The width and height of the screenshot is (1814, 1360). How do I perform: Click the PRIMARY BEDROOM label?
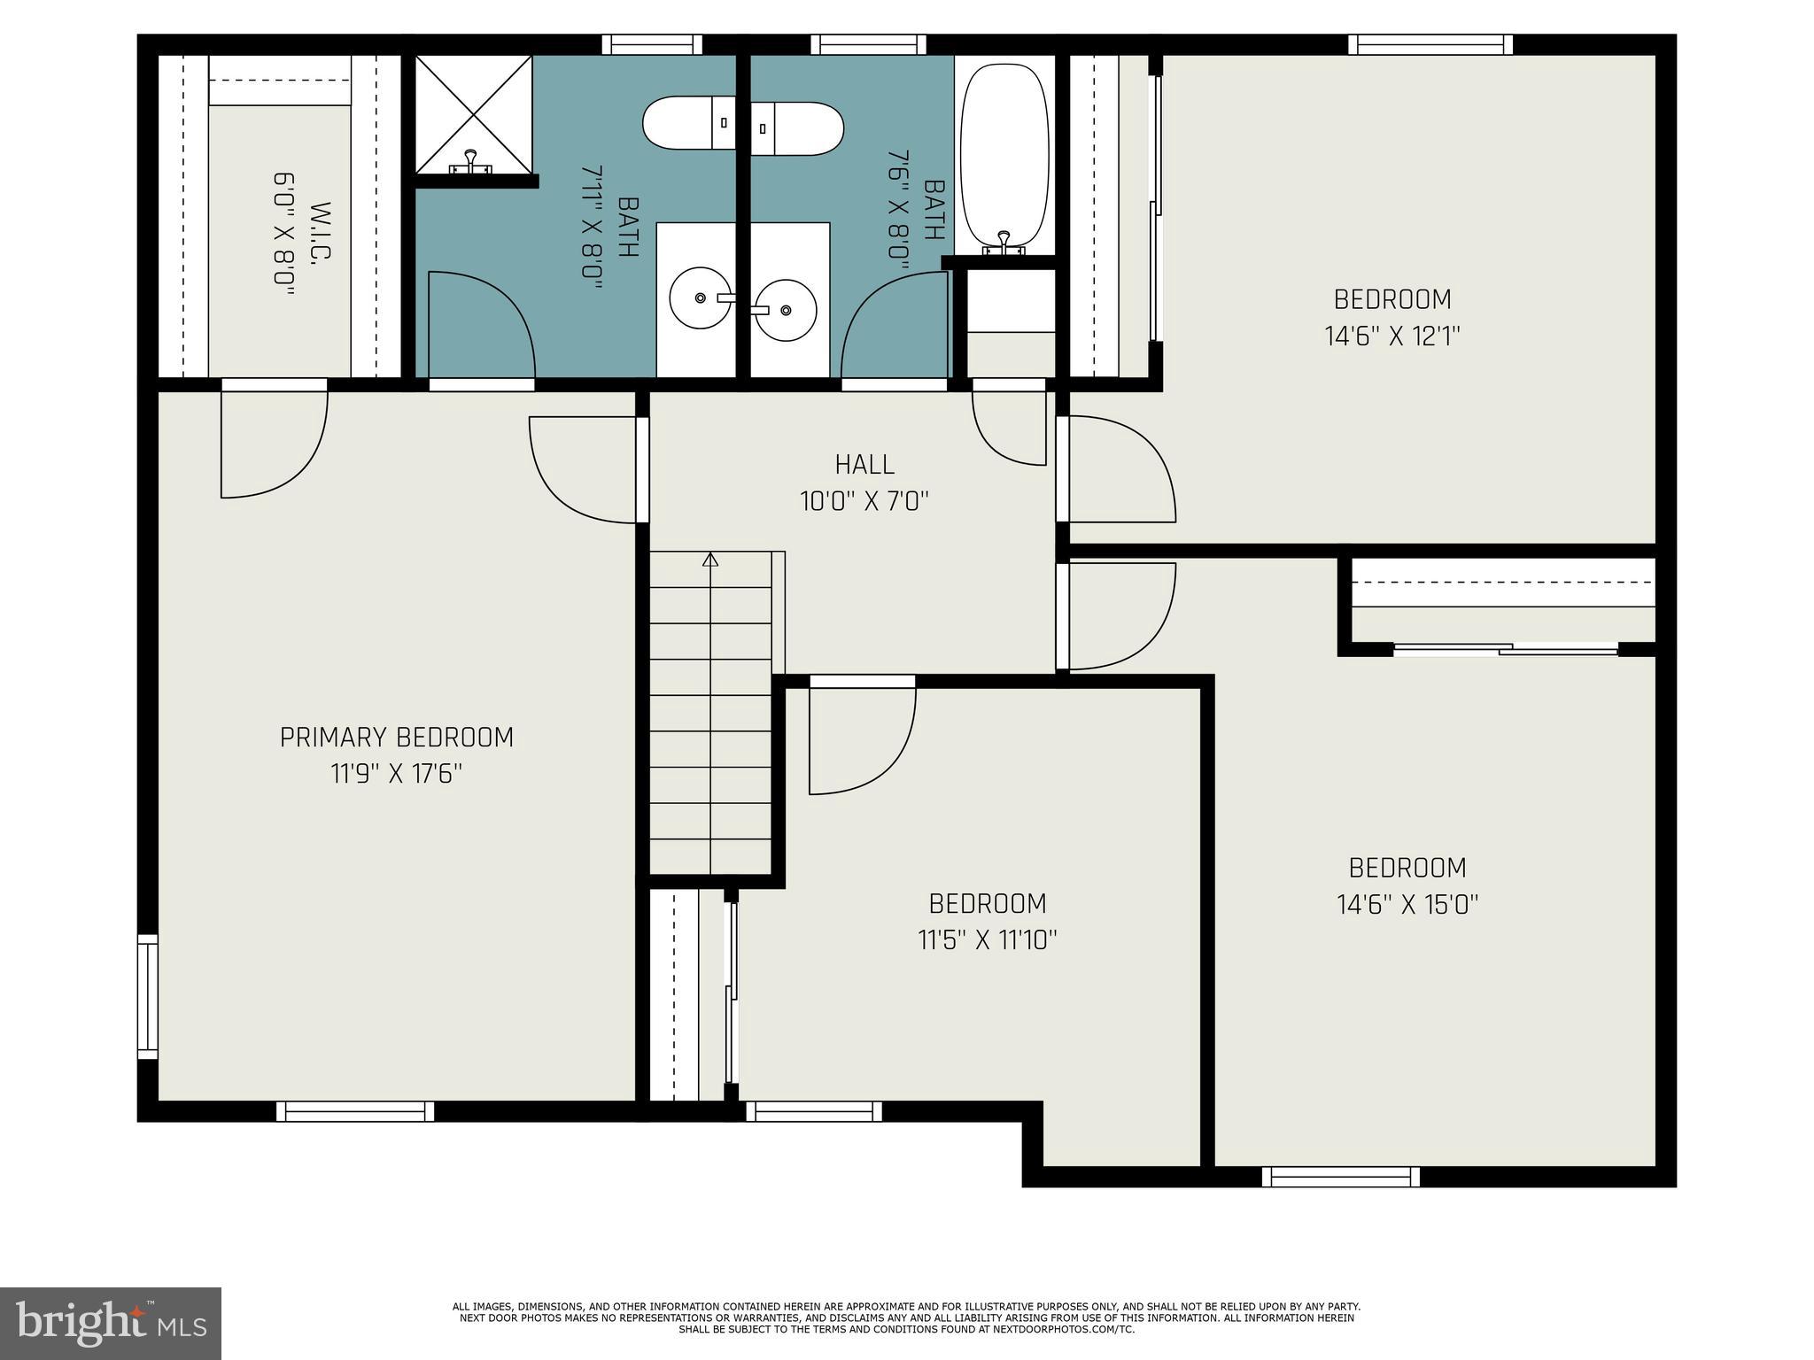(x=396, y=738)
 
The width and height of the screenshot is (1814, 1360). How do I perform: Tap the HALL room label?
(x=864, y=464)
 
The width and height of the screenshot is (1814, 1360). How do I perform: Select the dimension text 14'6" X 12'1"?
(x=1392, y=336)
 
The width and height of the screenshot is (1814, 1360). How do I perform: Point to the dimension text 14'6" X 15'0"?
(x=1407, y=904)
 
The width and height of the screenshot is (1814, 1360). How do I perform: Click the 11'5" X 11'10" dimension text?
(x=987, y=939)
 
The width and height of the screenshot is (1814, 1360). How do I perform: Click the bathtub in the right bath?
(x=1004, y=155)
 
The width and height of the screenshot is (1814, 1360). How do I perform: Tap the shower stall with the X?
(x=473, y=114)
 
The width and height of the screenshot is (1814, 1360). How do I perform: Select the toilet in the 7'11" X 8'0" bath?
(x=688, y=123)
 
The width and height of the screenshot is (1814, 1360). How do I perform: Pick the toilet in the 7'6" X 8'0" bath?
(x=797, y=129)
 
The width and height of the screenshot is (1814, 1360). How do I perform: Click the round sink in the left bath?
(x=700, y=298)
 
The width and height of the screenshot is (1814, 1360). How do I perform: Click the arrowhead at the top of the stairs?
(x=709, y=560)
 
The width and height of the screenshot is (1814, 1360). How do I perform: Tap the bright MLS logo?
(x=110, y=1323)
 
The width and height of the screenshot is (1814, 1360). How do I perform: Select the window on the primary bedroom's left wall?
(x=147, y=996)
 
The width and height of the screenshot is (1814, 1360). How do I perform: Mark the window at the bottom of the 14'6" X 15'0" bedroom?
(x=1340, y=1177)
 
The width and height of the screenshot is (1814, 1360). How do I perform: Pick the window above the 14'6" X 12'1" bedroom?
(x=1430, y=44)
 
